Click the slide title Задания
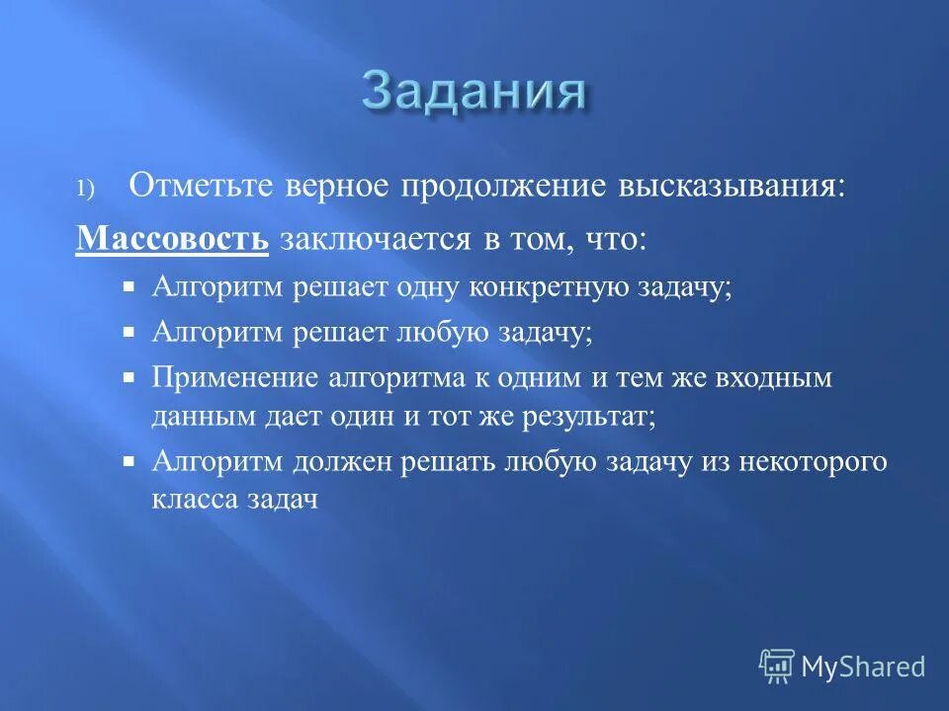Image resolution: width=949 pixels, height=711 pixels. pos(474,92)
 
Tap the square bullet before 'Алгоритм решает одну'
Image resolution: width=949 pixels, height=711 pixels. pos(129,286)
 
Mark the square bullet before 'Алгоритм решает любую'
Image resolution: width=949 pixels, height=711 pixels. pos(129,332)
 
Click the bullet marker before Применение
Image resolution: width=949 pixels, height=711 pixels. pos(129,377)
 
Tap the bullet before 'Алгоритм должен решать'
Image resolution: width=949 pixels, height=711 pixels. pos(129,461)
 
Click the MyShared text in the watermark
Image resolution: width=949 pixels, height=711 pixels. pos(863,667)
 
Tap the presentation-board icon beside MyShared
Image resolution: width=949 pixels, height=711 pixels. pos(777,667)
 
